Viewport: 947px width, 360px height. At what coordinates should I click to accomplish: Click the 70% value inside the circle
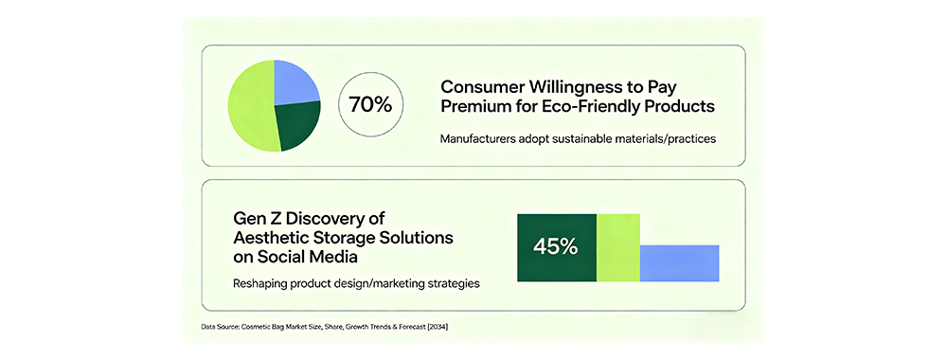coord(370,104)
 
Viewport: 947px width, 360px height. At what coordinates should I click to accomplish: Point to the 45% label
coord(555,247)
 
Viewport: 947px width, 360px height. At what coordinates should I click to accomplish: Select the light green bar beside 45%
coord(617,247)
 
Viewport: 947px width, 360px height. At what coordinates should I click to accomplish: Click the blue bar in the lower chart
coord(679,263)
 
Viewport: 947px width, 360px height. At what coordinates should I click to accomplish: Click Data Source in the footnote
coord(220,327)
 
